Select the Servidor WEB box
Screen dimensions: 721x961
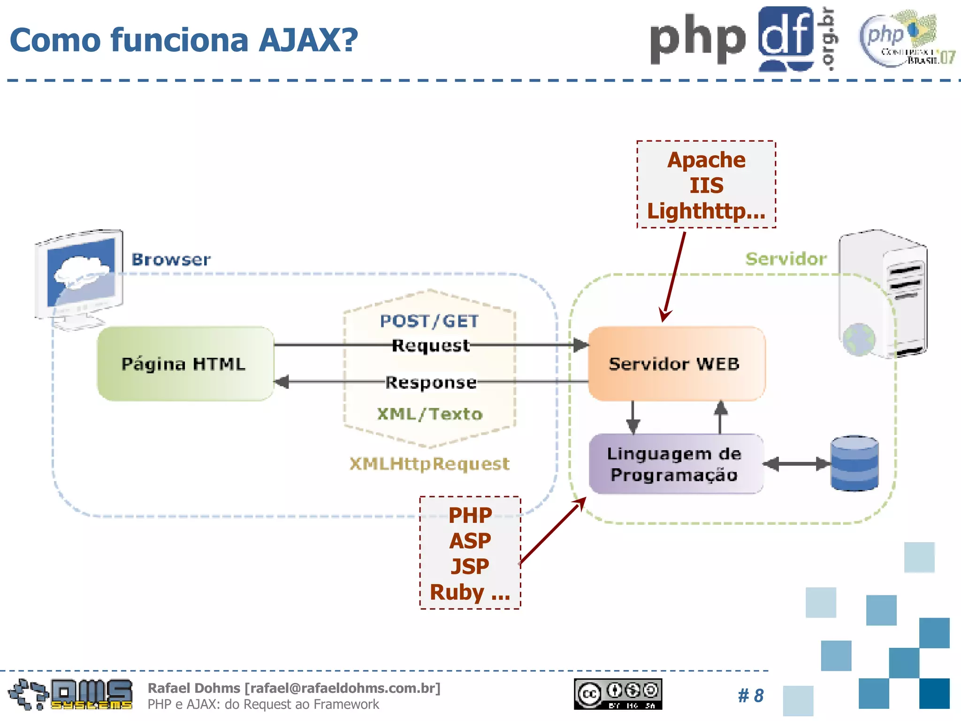(676, 364)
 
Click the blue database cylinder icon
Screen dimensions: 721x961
(854, 463)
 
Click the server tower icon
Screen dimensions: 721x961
(882, 293)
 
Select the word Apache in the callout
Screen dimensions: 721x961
(706, 160)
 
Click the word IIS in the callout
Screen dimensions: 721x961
(706, 185)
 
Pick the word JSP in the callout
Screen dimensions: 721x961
(470, 567)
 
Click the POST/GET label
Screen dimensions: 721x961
(429, 321)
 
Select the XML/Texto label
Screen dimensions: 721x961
(429, 414)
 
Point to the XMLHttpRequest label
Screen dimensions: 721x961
(429, 464)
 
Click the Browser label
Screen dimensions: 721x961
(171, 260)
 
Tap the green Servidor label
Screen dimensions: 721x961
(786, 259)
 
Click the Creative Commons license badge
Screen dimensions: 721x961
(618, 694)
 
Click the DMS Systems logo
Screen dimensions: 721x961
(70, 694)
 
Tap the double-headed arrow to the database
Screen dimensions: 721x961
(796, 464)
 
